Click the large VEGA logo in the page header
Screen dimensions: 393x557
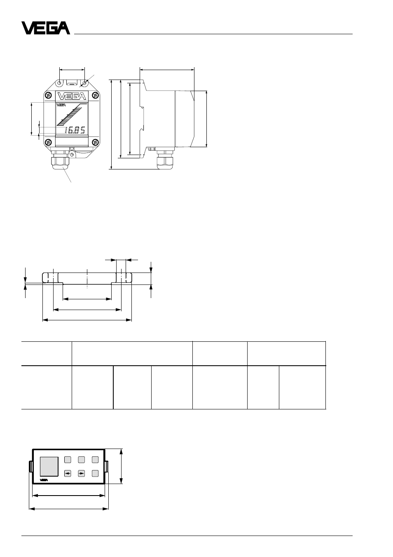[x=46, y=28]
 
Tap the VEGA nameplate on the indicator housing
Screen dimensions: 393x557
[x=72, y=96]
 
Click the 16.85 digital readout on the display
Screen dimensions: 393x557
[x=75, y=130]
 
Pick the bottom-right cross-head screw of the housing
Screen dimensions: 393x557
[x=96, y=142]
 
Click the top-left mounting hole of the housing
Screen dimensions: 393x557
[x=60, y=83]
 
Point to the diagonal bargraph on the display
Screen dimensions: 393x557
[x=69, y=115]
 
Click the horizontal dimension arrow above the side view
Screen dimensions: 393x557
[x=167, y=70]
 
